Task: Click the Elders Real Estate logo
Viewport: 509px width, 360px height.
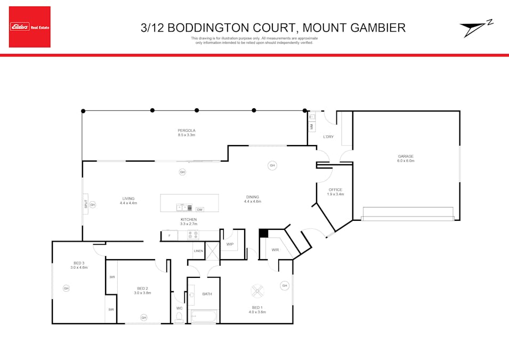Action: (x=30, y=27)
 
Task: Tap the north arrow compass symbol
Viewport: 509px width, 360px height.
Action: (x=476, y=29)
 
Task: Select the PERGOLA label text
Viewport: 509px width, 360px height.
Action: (x=187, y=131)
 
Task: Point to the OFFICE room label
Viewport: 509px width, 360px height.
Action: (x=335, y=190)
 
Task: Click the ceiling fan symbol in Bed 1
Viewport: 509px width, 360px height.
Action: (x=257, y=291)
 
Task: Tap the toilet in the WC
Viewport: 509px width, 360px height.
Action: (x=179, y=317)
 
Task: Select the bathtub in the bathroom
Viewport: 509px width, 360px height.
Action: (x=204, y=317)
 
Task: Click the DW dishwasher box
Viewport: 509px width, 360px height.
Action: (x=200, y=210)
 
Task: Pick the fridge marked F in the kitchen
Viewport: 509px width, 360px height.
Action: (x=169, y=235)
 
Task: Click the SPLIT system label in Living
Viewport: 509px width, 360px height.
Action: (x=85, y=204)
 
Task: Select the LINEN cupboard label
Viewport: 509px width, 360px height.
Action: (x=198, y=251)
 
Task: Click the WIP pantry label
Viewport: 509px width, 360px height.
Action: (x=230, y=245)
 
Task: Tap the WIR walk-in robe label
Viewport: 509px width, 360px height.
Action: (x=275, y=250)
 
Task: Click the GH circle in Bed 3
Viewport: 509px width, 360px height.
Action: (x=66, y=289)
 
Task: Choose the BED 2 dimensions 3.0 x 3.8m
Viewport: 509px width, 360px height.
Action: (x=142, y=293)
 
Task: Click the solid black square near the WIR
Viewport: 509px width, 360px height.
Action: (x=263, y=233)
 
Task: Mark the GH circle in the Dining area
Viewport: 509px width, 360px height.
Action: (x=272, y=166)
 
